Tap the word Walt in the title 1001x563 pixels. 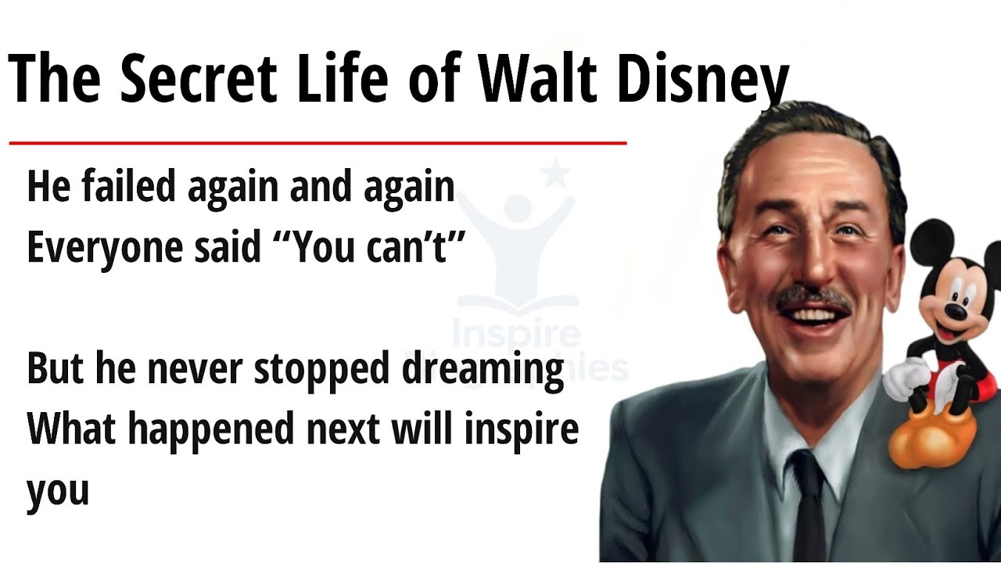540,80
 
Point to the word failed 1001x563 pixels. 120,188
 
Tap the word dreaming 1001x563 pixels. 483,369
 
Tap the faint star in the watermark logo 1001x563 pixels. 555,174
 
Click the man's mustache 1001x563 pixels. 813,297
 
